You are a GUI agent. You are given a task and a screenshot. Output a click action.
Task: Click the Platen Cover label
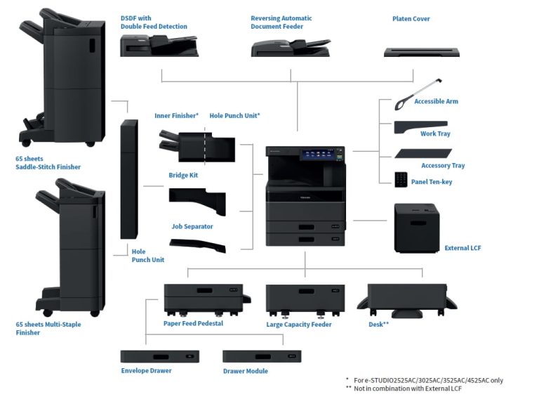coord(411,19)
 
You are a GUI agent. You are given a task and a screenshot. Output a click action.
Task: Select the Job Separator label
coord(192,227)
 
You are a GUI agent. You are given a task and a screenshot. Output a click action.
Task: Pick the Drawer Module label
coord(245,371)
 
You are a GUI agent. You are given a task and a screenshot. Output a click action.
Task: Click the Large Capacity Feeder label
coord(299,325)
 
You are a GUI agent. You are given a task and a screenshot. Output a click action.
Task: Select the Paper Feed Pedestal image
coord(203,298)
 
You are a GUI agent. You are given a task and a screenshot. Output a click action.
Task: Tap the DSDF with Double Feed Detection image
coord(159,46)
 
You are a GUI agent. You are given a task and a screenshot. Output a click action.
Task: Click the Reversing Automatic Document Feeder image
coord(291,47)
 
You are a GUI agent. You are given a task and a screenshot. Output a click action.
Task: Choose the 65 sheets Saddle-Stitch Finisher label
coord(48,163)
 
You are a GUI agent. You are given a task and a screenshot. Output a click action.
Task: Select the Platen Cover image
coord(421,51)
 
